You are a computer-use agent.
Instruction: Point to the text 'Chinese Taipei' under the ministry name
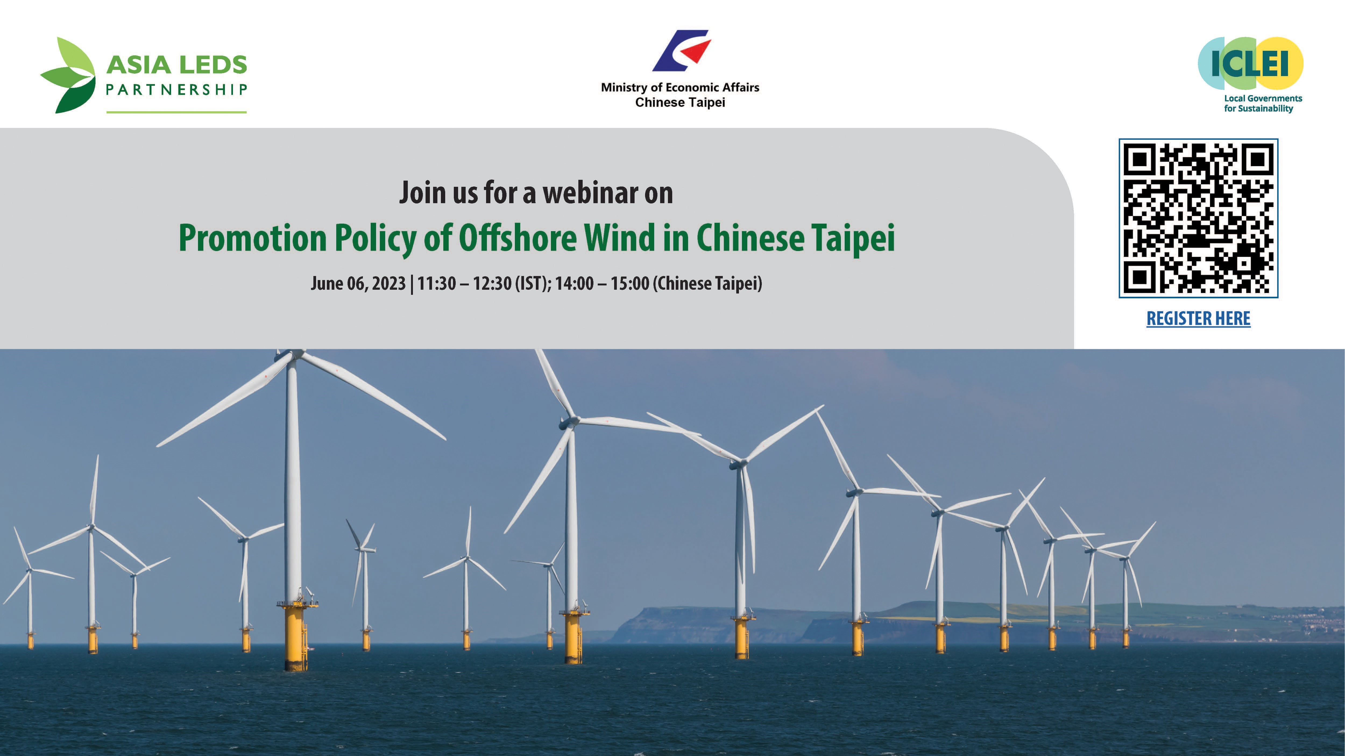click(680, 102)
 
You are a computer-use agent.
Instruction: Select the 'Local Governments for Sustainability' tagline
click(1263, 103)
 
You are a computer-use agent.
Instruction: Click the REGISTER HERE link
click(1198, 318)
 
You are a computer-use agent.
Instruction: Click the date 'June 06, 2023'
click(358, 283)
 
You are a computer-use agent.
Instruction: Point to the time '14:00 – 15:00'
click(602, 283)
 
